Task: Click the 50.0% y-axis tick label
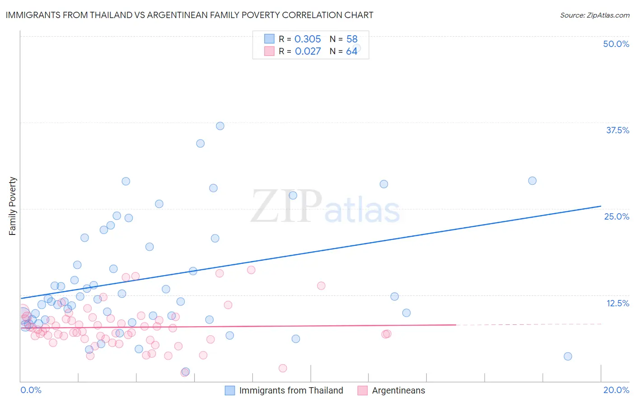click(x=616, y=44)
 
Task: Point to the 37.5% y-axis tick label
click(x=617, y=130)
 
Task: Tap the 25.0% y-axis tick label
click(x=616, y=216)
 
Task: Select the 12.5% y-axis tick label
click(x=617, y=303)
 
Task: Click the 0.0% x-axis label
click(x=31, y=390)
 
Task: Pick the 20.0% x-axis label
click(x=616, y=390)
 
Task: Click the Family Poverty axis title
click(x=13, y=206)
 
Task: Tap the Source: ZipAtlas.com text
click(x=594, y=15)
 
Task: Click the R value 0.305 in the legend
click(x=308, y=39)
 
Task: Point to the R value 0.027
click(x=308, y=52)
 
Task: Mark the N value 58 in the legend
click(x=352, y=39)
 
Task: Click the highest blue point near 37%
click(x=220, y=126)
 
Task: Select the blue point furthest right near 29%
click(x=532, y=181)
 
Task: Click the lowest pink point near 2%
click(x=283, y=368)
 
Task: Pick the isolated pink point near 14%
click(x=321, y=286)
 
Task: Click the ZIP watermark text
click(x=286, y=207)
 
